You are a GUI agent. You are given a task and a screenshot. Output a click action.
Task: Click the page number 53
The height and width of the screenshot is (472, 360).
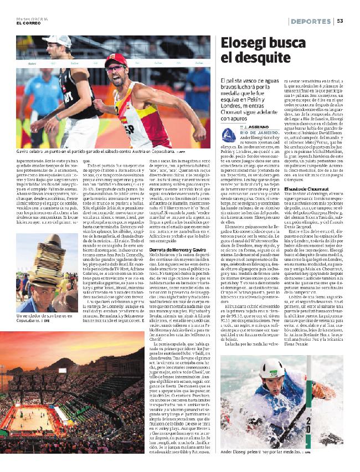click(x=341, y=22)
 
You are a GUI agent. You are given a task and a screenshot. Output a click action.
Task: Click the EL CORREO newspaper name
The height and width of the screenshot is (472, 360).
click(x=27, y=23)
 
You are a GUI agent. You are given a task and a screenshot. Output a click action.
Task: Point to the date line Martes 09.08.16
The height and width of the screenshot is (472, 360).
click(x=32, y=18)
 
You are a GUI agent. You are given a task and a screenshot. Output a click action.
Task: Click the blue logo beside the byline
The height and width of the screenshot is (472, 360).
click(x=226, y=135)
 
